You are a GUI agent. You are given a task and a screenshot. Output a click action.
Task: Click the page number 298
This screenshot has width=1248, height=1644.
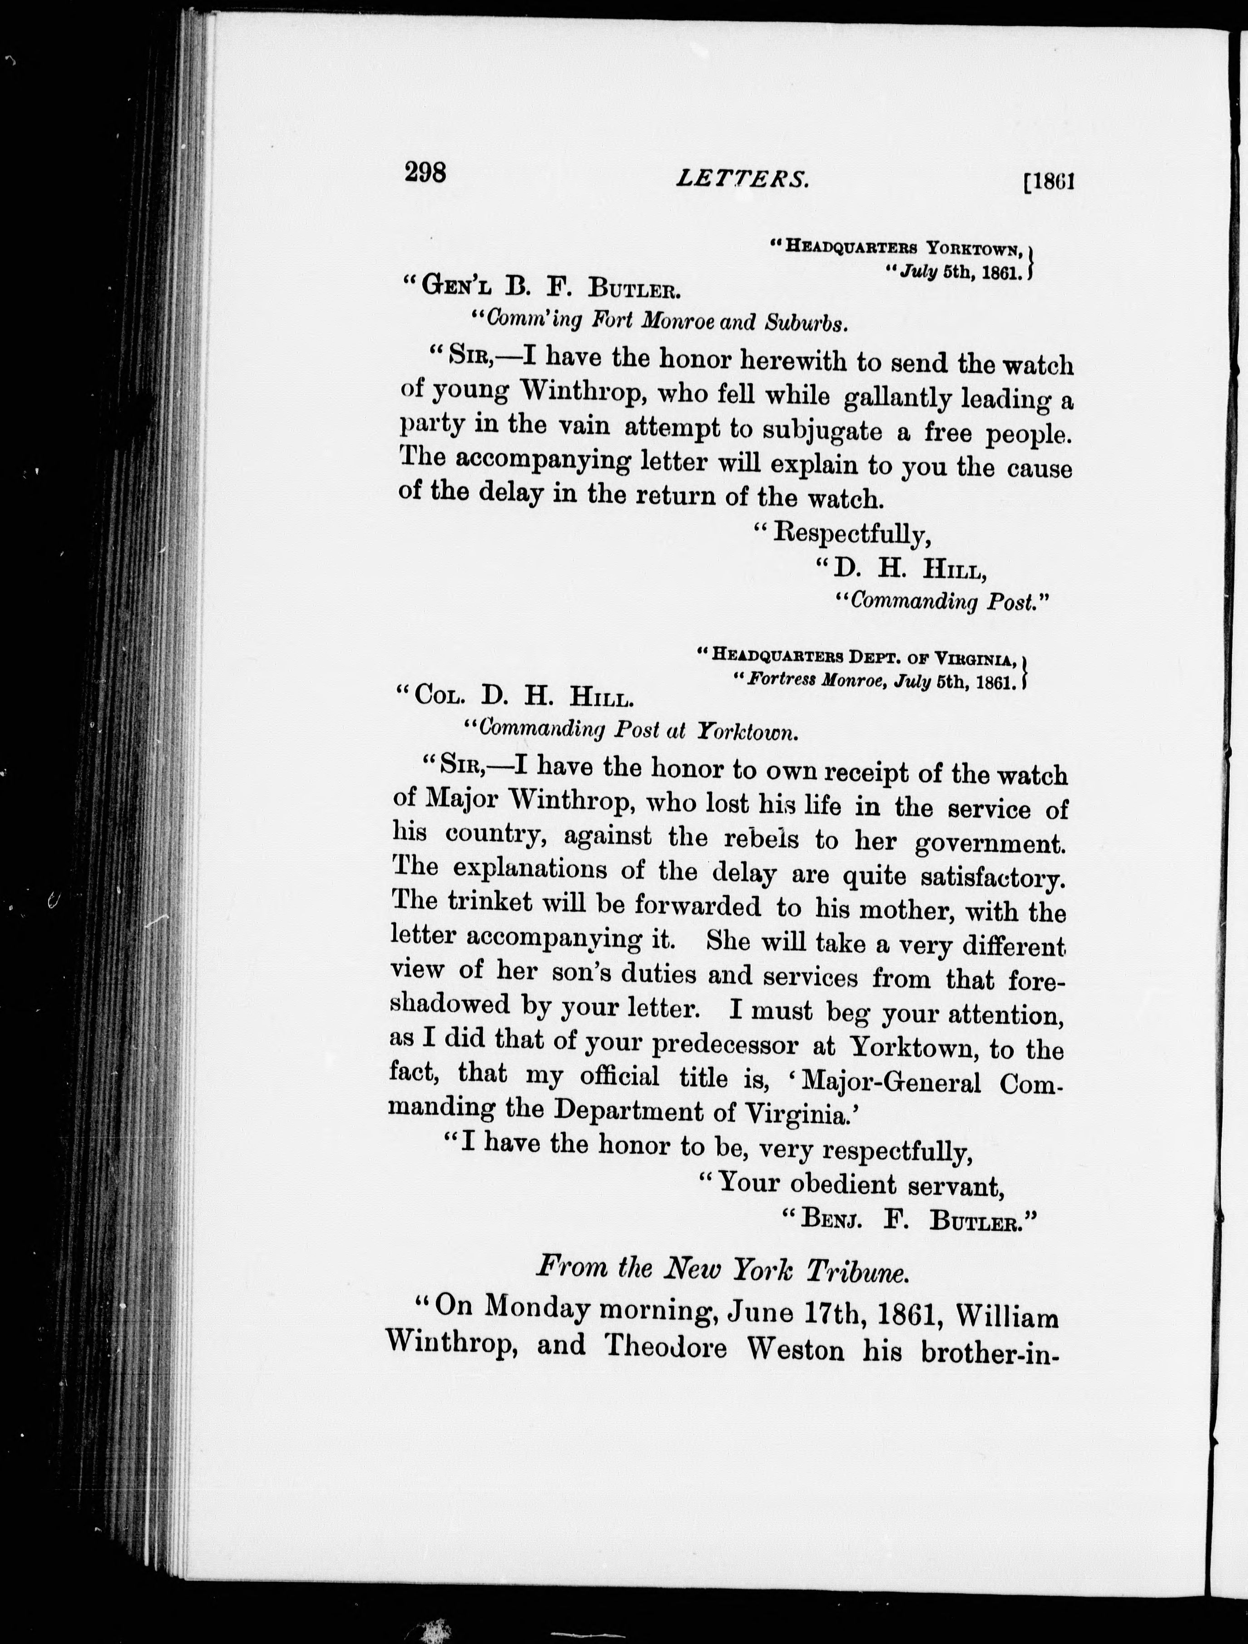point(425,173)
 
